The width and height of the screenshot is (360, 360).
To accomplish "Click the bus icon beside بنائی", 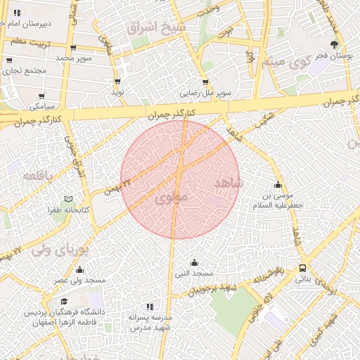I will pyautogui.click(x=303, y=268).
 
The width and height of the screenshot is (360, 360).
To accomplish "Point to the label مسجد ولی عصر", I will pyautogui.click(x=80, y=281).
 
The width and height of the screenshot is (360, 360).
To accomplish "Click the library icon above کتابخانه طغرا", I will pyautogui.click(x=68, y=200).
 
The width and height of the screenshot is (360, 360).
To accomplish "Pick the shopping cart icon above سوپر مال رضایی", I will pyautogui.click(x=205, y=82).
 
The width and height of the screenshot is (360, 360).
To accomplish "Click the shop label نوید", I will pyautogui.click(x=117, y=92).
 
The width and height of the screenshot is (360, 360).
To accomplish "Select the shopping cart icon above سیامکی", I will pyautogui.click(x=41, y=96).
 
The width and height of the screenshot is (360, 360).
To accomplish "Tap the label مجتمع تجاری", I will pyautogui.click(x=25, y=71).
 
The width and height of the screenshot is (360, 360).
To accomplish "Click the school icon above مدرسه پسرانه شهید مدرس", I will pyautogui.click(x=150, y=307).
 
